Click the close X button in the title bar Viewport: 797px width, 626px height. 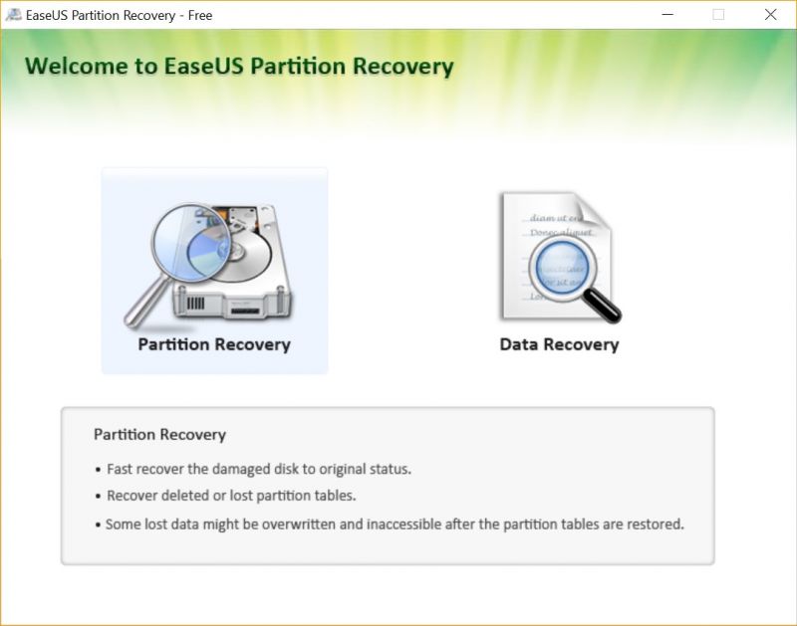point(770,15)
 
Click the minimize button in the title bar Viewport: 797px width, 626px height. point(667,15)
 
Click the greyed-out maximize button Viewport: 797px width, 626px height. point(718,15)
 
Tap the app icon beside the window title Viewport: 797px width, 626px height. point(13,15)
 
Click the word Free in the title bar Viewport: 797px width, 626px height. point(200,16)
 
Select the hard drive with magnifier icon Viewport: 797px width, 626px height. point(208,265)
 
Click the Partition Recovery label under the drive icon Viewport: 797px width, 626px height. point(214,344)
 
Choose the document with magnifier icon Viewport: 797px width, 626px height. point(560,257)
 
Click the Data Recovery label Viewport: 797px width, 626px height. point(559,344)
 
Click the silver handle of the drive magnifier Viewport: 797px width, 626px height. point(146,303)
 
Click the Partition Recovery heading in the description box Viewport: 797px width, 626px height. point(159,435)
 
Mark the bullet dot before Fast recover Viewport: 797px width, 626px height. point(98,471)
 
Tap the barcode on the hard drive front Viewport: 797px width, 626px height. point(195,304)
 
